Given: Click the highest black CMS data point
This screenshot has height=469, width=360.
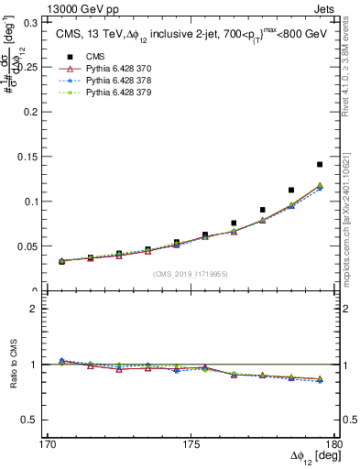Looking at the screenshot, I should [320, 165].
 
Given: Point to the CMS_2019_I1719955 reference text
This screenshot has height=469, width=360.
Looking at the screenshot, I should [191, 273].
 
